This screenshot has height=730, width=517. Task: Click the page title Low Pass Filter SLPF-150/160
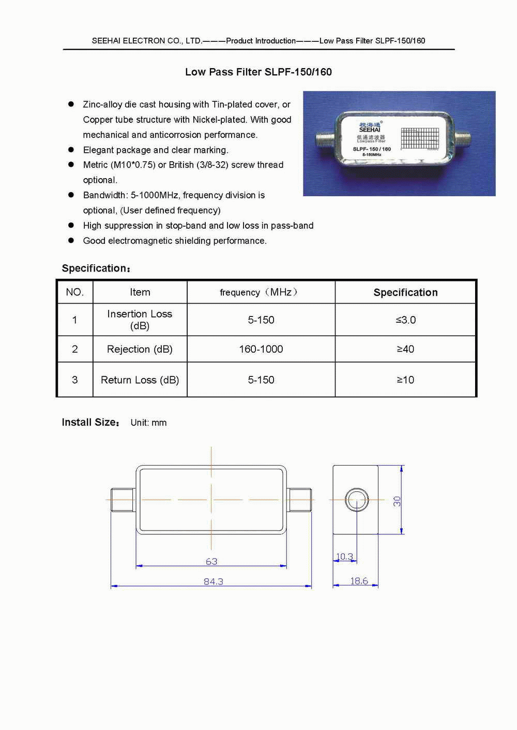point(258,72)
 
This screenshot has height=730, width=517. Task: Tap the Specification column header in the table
point(405,292)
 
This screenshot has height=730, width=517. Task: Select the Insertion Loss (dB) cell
point(140,320)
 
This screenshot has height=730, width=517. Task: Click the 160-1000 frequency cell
point(261,349)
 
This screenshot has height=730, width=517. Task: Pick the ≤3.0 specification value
point(405,320)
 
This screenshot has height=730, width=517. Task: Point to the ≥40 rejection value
point(405,349)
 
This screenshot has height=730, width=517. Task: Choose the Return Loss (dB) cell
point(140,380)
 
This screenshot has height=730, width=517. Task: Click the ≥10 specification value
point(405,380)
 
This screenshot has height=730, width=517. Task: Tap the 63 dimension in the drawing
point(211,561)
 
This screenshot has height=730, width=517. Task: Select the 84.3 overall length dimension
point(214,581)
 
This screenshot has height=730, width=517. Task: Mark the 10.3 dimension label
point(344,557)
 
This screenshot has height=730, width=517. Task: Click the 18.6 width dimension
point(359,581)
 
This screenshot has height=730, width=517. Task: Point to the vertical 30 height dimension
point(397,501)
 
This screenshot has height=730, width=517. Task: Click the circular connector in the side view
point(356,500)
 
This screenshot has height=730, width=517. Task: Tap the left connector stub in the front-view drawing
point(123,500)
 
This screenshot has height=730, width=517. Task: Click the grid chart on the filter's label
point(419,138)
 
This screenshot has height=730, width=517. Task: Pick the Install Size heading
point(90,422)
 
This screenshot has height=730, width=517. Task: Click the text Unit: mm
point(148,423)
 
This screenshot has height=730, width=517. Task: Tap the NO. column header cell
point(74,292)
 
